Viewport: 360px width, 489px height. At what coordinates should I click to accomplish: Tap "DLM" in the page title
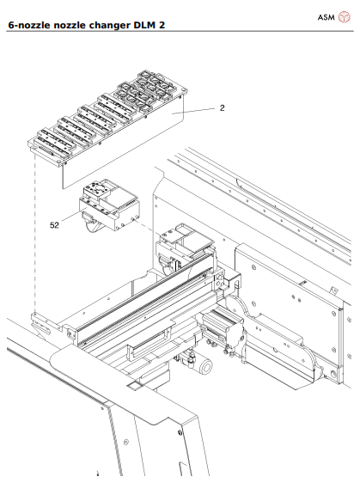click(152, 25)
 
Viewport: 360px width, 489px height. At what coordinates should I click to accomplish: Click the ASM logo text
click(326, 16)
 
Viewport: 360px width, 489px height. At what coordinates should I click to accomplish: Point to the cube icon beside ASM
click(345, 16)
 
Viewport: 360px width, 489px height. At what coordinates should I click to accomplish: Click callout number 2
click(222, 108)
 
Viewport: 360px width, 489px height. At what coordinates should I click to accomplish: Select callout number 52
click(54, 224)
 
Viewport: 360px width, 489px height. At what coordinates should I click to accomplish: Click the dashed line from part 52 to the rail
click(146, 227)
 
